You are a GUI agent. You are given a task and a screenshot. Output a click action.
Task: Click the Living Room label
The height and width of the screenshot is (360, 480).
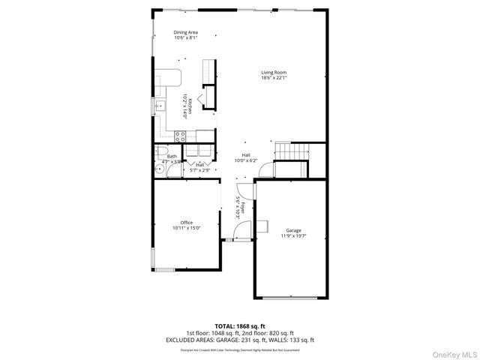coord(274,72)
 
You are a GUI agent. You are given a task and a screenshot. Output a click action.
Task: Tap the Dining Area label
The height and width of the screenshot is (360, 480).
coord(185,32)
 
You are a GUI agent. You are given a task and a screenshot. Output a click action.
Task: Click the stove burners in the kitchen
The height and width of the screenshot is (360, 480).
coord(180,136)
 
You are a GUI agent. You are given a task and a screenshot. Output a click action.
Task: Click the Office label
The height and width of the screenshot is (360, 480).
coord(186,222)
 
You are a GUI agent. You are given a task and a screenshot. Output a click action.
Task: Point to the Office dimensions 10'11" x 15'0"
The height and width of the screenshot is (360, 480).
coord(186,228)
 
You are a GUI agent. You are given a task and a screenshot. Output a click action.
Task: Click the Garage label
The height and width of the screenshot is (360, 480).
coord(292,230)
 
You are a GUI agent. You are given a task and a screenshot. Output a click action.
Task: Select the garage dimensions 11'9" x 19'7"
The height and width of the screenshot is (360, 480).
coord(292,236)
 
